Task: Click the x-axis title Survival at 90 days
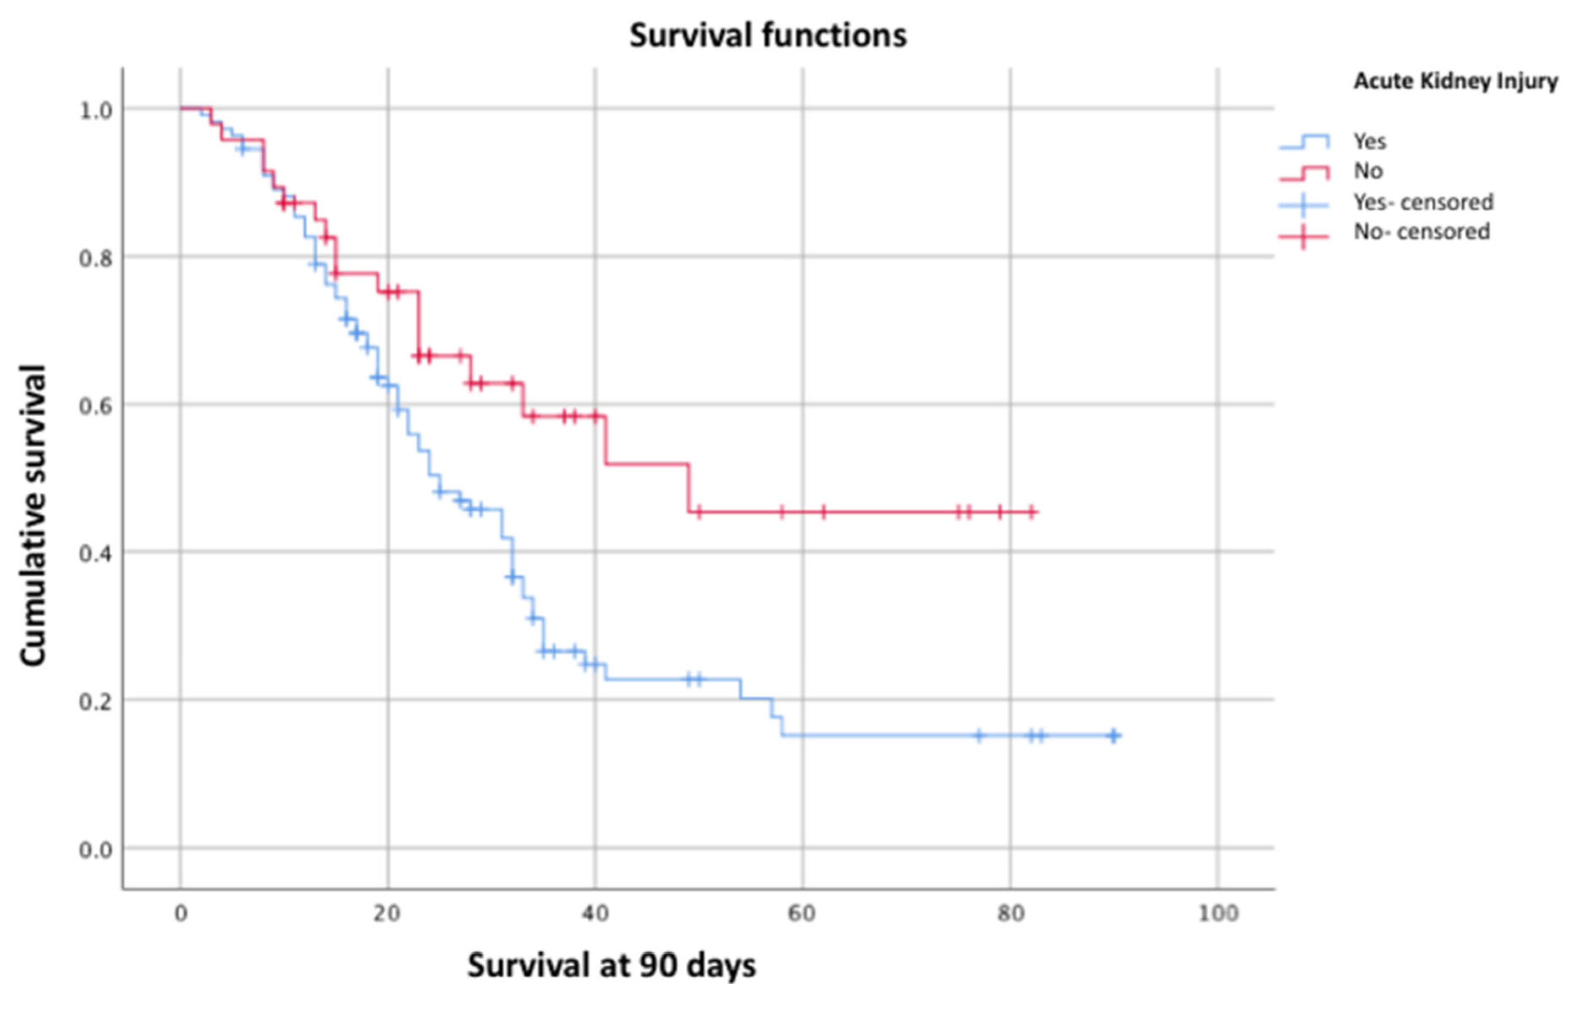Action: pos(611,965)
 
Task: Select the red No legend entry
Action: pos(1368,171)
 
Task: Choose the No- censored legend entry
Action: pos(1421,232)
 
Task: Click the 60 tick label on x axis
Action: pos(801,913)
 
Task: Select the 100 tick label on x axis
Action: pos(1218,913)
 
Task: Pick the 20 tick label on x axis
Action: pos(387,913)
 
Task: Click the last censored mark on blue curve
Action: pos(1113,735)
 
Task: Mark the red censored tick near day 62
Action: pos(823,511)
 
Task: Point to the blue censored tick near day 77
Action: pos(979,735)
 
